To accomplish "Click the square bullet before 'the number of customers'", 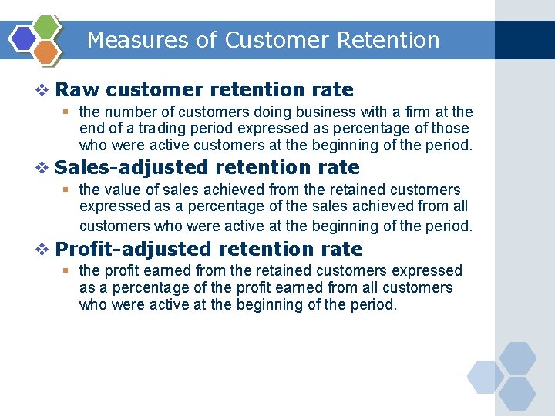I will click(x=68, y=112).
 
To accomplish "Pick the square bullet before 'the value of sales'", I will click(x=68, y=190).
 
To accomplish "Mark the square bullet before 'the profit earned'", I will click(x=68, y=271).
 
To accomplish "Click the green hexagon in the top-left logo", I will click(x=47, y=26).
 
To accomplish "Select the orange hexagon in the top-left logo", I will click(x=47, y=52).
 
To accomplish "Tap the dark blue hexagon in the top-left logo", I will click(x=25, y=39).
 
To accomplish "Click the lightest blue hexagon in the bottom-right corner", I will click(x=485, y=377).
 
